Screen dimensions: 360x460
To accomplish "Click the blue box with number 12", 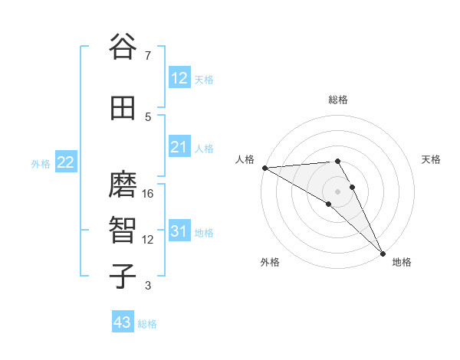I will (179, 78).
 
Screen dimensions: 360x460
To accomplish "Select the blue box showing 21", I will (179, 147).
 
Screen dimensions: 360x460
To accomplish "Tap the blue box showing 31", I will (179, 231).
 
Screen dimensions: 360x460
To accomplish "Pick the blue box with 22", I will (66, 162).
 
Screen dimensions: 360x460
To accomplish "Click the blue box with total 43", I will (123, 322).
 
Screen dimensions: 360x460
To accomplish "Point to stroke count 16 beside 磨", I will (149, 194).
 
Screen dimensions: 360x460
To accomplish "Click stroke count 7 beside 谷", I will (148, 55).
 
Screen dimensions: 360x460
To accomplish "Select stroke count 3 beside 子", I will (148, 286).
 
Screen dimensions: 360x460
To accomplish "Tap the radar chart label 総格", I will (338, 100).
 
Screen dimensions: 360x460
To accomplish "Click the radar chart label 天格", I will (431, 159).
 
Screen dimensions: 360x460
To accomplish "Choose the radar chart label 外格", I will (270, 262).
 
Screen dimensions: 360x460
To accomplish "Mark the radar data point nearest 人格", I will (264, 167).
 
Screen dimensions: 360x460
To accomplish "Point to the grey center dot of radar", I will (338, 191).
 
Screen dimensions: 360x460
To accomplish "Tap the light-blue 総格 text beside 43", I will (147, 324).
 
